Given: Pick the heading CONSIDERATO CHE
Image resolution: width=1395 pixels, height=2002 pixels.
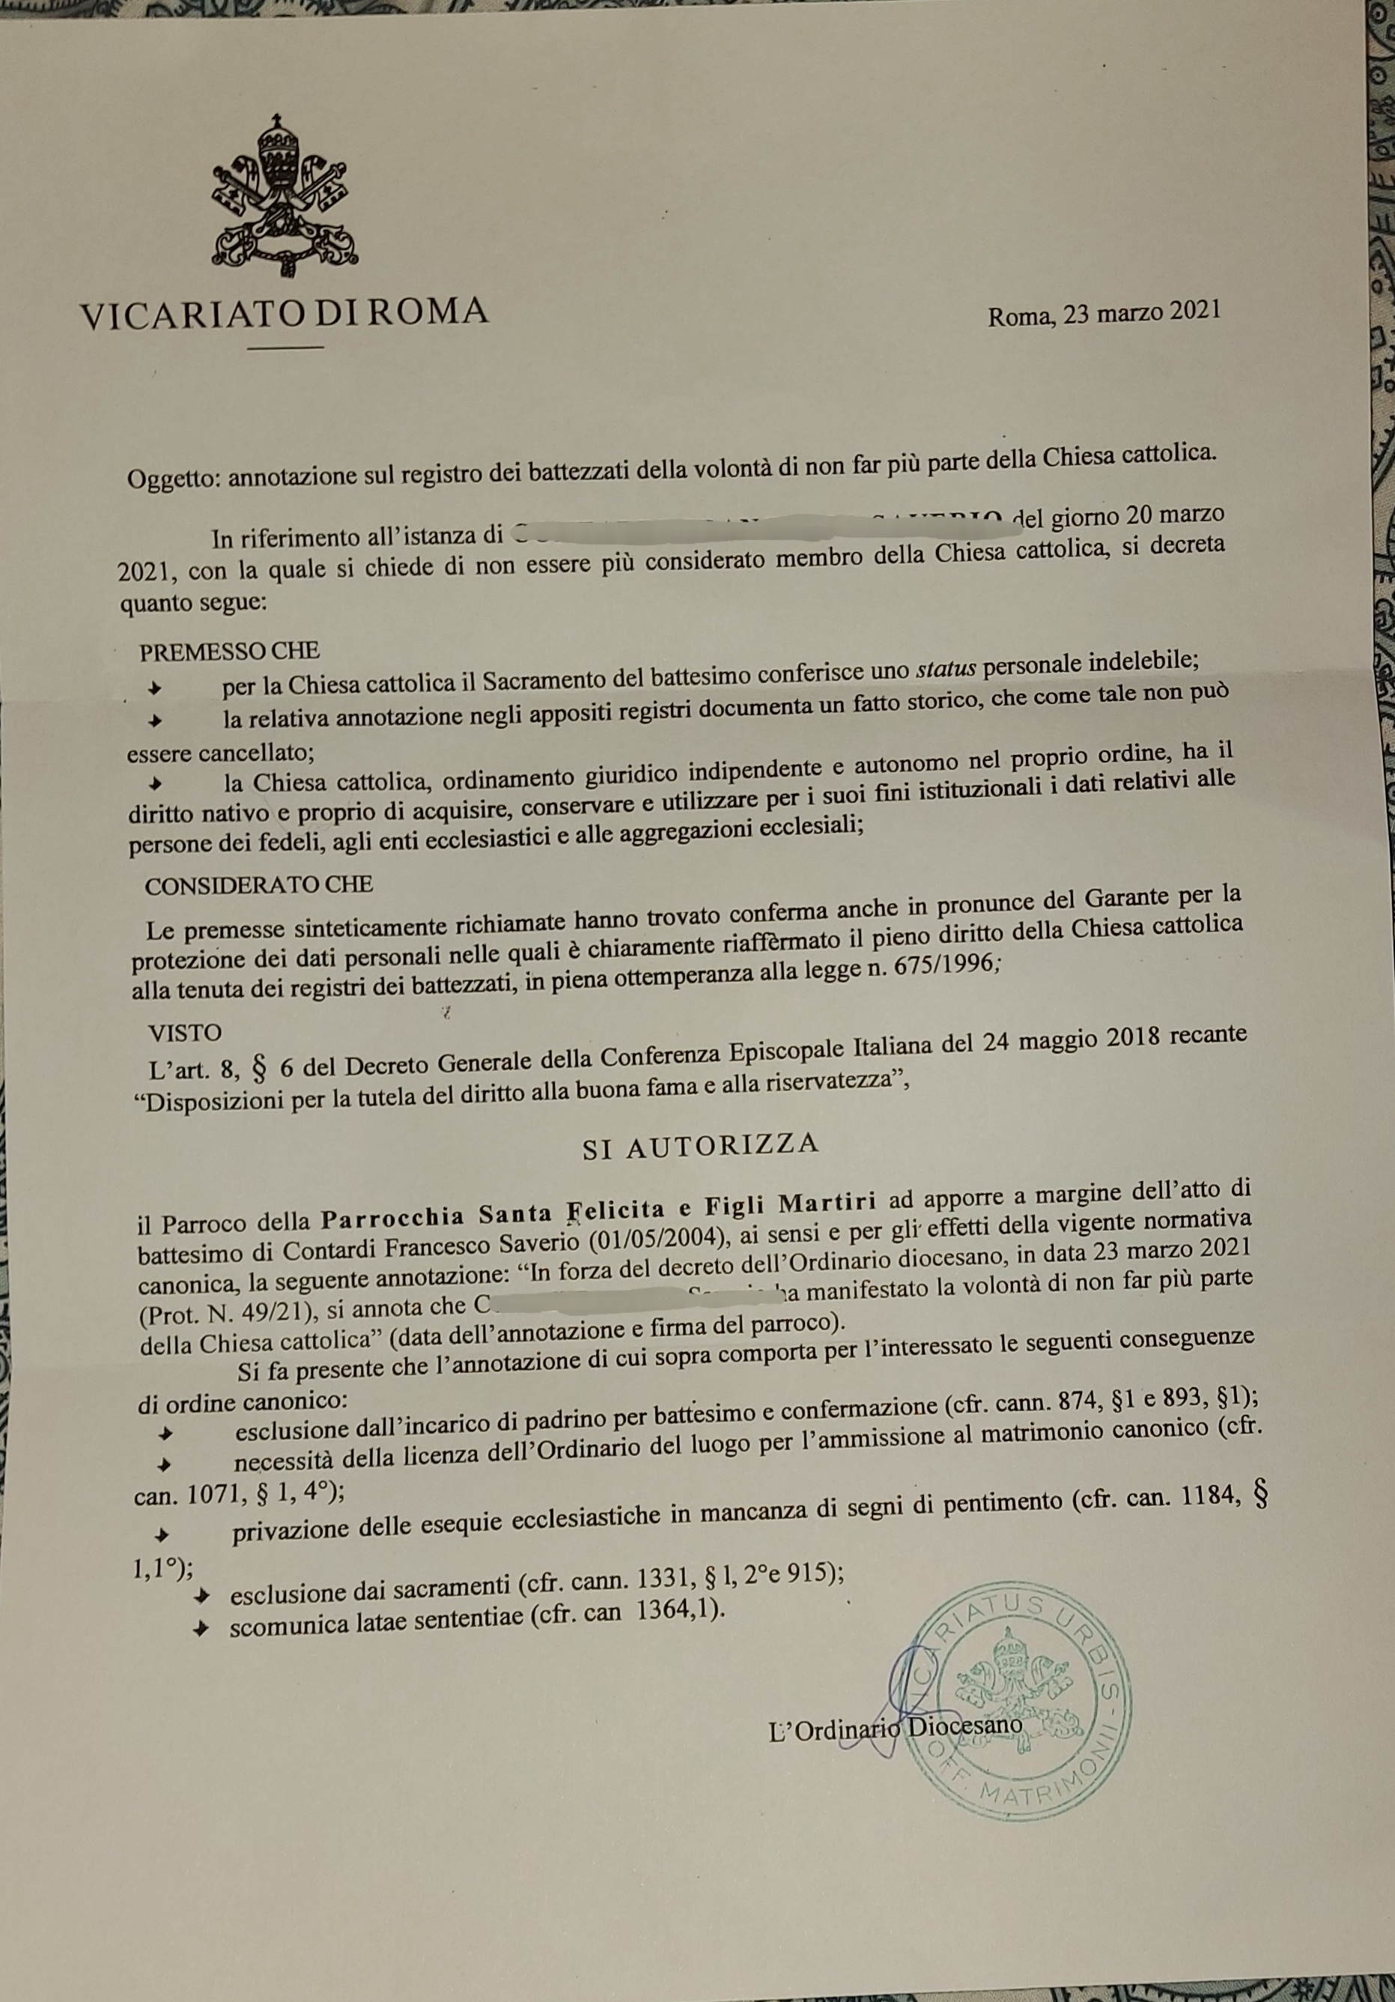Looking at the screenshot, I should [259, 886].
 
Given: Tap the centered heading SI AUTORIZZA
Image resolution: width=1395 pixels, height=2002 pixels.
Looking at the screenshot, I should [701, 1145].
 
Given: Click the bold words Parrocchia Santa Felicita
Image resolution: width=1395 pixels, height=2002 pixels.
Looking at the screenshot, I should [488, 1206].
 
